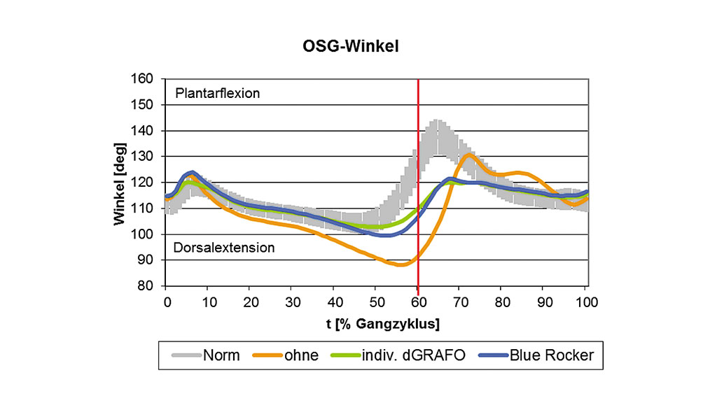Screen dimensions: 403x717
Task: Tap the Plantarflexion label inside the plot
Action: [218, 92]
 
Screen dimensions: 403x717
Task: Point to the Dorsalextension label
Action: [224, 247]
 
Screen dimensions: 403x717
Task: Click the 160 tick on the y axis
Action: [143, 78]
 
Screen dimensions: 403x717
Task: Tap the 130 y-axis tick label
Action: [143, 157]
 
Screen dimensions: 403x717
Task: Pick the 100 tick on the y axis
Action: [143, 234]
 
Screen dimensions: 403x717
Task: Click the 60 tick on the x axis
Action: [418, 302]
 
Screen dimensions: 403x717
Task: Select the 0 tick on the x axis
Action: [167, 302]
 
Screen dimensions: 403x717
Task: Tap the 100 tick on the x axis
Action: [586, 302]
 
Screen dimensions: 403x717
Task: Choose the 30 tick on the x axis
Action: [292, 302]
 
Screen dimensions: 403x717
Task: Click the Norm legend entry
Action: [221, 355]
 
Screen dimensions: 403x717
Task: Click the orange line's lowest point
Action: [401, 264]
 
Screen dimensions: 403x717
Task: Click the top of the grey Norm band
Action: [436, 120]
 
